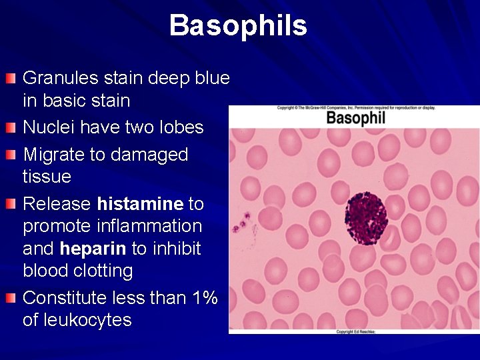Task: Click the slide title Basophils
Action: (238, 26)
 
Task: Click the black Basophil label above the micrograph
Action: (355, 119)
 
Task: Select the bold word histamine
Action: (140, 203)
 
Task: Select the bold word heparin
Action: (93, 249)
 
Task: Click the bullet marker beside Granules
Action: (10, 79)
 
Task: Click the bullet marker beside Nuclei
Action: (10, 127)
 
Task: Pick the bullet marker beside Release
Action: (10, 203)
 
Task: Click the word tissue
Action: (47, 177)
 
